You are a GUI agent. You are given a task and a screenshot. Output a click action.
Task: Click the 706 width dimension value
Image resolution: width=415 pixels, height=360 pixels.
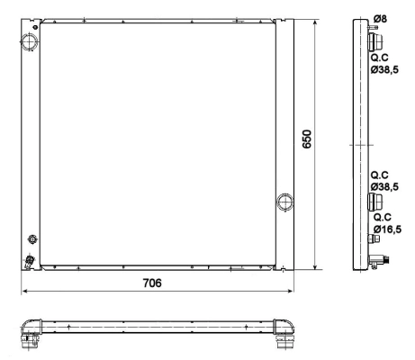coord(153,283)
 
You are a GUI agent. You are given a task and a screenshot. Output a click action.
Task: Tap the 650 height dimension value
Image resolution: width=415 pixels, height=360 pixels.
coord(307,141)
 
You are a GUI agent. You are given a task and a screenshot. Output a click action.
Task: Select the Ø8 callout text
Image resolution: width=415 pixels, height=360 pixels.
coord(381,18)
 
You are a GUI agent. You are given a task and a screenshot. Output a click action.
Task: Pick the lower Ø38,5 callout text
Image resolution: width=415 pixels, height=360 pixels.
coord(385,187)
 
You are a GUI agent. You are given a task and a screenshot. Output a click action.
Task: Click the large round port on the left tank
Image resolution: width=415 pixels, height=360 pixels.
coord(30,40)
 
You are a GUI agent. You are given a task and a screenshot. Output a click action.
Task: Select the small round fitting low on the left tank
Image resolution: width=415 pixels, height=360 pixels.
coord(32,238)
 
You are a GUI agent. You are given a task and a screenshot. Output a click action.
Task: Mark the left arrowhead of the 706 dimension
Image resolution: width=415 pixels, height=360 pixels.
coord(24,292)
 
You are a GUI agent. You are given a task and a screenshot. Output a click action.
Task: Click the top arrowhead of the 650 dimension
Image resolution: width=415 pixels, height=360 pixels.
coord(314,19)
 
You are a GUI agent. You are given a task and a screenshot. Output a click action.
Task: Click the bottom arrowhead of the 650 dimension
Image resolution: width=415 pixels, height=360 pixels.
coord(314,266)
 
